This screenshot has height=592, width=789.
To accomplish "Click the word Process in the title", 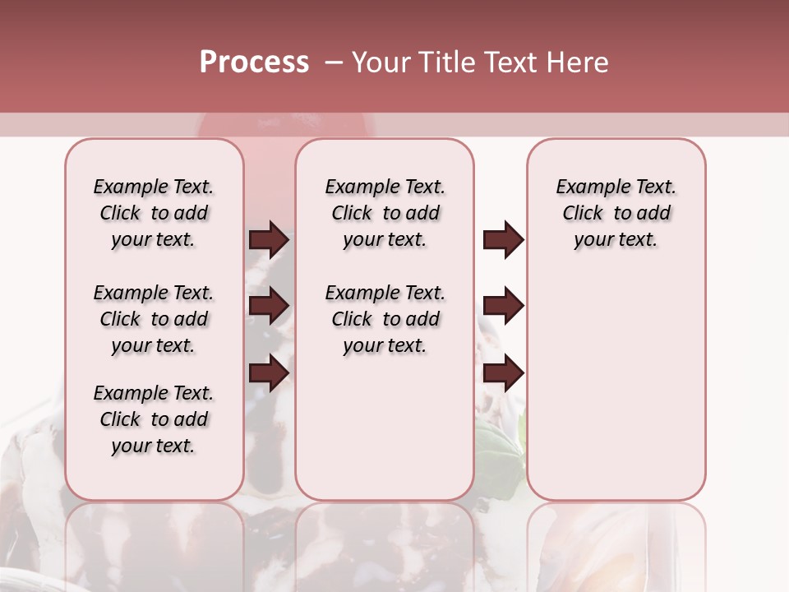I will click(254, 62).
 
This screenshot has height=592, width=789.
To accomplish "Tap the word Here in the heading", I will click(579, 62).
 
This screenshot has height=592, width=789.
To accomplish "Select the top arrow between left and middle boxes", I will click(269, 239).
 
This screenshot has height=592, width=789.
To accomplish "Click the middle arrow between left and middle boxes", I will click(269, 306).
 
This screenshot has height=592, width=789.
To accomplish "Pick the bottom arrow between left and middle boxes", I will click(269, 373).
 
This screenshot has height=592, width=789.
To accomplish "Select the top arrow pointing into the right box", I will click(503, 239).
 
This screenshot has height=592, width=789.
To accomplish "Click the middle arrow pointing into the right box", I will click(503, 306).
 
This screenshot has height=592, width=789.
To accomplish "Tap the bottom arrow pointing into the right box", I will click(503, 373).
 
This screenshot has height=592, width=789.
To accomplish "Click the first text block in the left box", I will click(154, 213).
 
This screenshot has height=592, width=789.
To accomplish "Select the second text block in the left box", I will click(154, 319).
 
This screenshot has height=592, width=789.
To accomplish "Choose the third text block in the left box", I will click(154, 419).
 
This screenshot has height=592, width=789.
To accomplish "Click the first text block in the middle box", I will click(385, 213).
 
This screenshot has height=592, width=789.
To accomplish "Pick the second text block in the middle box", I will click(385, 319).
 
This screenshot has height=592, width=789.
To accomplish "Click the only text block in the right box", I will click(616, 213).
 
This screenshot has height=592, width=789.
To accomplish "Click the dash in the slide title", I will click(334, 62).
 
